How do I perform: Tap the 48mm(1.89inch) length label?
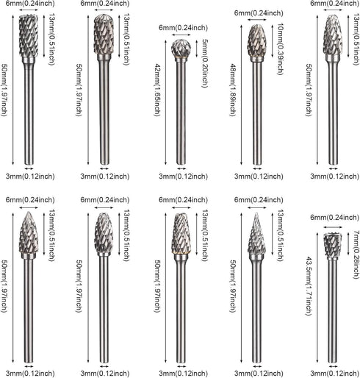pos(232,90)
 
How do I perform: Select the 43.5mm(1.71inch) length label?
pos(309,286)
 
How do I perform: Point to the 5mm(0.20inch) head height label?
pos(204,63)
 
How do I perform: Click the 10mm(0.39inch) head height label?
pos(281,49)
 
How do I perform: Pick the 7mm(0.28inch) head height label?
pos(356,254)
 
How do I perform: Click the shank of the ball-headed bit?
pos(181,113)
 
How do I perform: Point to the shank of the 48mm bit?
pos(257,113)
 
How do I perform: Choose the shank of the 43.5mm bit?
pos(333,311)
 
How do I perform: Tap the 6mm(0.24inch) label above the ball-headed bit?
pos(183,27)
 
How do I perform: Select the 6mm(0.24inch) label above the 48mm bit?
pos(259,13)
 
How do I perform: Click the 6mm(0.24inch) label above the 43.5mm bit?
pos(335,217)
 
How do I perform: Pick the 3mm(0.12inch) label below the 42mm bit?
pos(183,176)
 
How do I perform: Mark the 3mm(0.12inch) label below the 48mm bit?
pos(259,176)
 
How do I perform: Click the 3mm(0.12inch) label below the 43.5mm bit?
pos(335,374)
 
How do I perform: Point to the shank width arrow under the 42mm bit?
pos(181,168)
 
